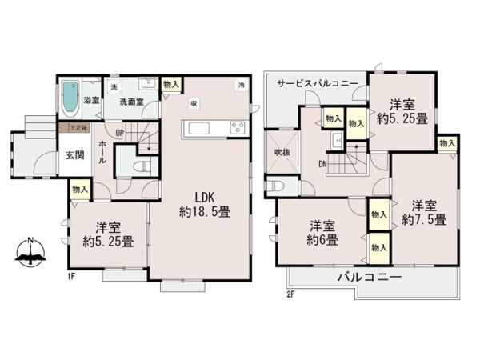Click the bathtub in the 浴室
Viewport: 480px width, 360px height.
70,96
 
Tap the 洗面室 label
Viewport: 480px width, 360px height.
131,102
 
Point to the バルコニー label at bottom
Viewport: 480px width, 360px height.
367,277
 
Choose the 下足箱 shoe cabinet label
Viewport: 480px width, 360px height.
77,126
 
